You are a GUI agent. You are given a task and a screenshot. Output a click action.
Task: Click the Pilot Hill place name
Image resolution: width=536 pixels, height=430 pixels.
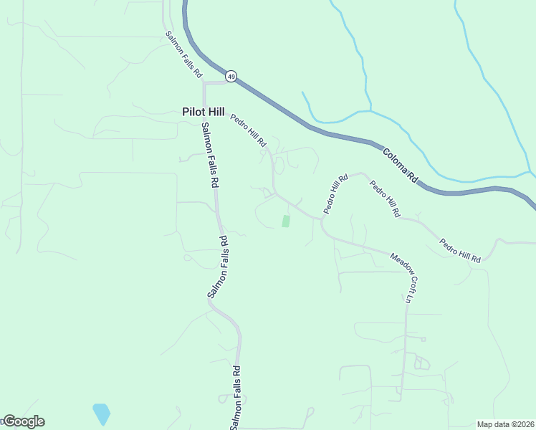(203, 112)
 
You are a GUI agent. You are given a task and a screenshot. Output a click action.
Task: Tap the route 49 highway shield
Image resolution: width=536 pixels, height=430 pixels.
(231, 75)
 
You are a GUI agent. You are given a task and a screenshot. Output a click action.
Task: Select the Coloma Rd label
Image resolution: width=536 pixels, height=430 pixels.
(400, 165)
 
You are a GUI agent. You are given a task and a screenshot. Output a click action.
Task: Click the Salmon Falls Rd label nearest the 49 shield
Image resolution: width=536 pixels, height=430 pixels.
(184, 54)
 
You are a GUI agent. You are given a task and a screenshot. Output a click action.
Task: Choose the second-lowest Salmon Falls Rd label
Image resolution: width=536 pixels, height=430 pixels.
(217, 267)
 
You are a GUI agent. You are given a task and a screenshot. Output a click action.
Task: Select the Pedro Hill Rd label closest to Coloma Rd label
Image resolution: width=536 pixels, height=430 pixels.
(384, 199)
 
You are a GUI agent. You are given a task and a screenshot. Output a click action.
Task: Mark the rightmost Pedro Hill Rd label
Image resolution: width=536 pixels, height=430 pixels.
(460, 251)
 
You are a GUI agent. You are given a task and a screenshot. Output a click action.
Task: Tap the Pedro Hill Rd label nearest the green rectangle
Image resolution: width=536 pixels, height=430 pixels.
(335, 193)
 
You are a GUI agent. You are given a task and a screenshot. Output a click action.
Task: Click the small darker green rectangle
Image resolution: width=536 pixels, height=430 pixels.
(286, 221)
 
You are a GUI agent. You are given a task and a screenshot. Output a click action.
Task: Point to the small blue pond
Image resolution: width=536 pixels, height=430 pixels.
(101, 413)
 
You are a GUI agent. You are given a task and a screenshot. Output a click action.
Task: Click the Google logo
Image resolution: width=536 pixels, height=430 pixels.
(24, 421)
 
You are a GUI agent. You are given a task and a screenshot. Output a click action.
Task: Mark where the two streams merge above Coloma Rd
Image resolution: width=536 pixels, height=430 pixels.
(369, 111)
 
